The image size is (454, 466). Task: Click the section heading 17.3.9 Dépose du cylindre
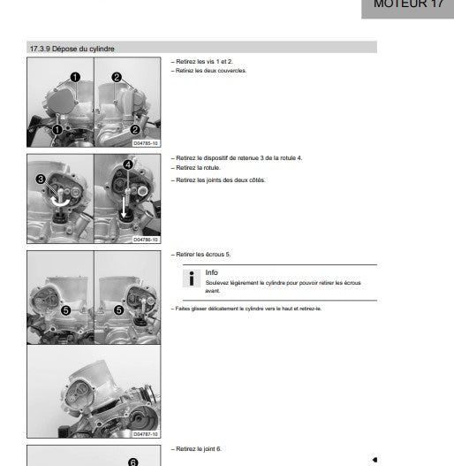coord(72,49)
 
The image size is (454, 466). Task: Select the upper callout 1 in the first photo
coord(75,77)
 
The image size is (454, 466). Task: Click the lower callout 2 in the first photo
coord(135,130)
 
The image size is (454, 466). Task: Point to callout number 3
coord(41,180)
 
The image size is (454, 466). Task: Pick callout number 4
coord(128,164)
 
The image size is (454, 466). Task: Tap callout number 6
coord(133,462)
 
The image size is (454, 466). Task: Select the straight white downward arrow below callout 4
coord(124,207)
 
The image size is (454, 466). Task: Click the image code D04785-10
coord(146,143)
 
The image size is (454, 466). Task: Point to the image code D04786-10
coord(146,240)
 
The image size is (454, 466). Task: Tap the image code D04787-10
coord(146,434)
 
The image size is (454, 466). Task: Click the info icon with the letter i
coord(192,279)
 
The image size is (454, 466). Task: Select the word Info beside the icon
coord(211,272)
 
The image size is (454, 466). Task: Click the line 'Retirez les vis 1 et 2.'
coord(202,62)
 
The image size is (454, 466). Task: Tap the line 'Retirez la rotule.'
coord(196,168)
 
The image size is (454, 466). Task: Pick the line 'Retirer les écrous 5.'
coord(201,255)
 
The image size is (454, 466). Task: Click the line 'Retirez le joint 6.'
coord(196,449)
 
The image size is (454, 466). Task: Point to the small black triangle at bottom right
coord(375,460)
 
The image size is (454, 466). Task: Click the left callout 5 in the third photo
coord(66,311)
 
